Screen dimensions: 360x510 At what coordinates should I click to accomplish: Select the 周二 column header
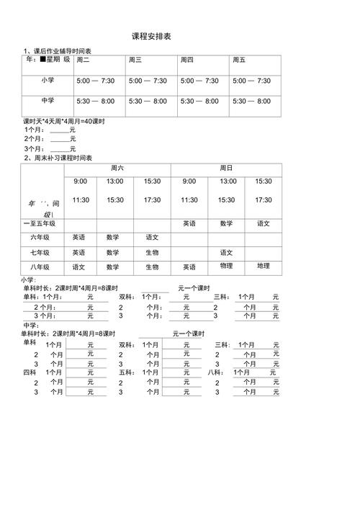(x=84, y=61)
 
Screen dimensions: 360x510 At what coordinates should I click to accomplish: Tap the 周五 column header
(x=239, y=61)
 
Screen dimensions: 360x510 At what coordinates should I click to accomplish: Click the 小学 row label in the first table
(x=48, y=80)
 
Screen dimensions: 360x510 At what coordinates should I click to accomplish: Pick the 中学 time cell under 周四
(x=199, y=102)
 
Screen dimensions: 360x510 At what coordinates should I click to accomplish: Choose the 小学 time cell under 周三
(x=148, y=81)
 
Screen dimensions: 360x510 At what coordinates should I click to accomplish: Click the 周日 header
(x=226, y=168)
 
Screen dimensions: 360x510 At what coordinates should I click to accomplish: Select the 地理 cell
(x=264, y=267)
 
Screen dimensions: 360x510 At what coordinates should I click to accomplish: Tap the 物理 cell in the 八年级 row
(x=226, y=267)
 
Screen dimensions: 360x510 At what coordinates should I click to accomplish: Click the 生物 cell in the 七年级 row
(x=152, y=253)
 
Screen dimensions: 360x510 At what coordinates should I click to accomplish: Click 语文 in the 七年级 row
(x=226, y=253)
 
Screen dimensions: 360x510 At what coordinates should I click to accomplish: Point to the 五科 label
(x=126, y=372)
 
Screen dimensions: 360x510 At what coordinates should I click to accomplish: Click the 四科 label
(x=30, y=372)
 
